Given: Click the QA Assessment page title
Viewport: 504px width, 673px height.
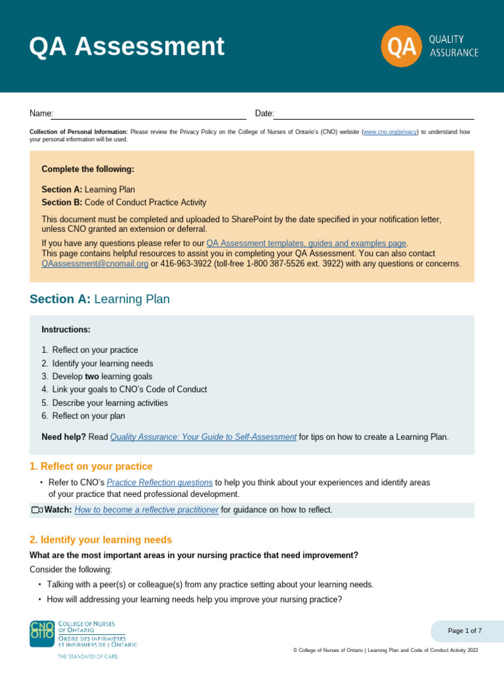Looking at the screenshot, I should [x=127, y=47].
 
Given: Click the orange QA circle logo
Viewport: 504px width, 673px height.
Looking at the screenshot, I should [x=400, y=47].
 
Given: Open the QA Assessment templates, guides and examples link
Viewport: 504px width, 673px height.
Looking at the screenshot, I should [x=306, y=243].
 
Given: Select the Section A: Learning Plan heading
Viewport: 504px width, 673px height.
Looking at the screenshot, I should [x=100, y=299].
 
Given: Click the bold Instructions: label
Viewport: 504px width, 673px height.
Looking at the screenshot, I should [x=66, y=329].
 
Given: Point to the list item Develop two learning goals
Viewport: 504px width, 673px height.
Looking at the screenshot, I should [x=102, y=377].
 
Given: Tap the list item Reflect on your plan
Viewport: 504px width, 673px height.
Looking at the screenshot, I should [x=89, y=416].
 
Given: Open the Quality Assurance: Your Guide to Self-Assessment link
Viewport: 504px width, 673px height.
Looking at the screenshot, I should [x=203, y=437].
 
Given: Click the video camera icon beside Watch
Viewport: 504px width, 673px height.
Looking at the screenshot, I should [x=37, y=510].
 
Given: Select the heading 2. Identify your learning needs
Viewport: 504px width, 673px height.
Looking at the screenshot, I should [x=100, y=540].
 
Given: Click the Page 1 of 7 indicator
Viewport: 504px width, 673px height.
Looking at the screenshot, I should [x=465, y=631].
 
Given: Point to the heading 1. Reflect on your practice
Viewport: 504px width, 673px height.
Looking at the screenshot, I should [x=91, y=467].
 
